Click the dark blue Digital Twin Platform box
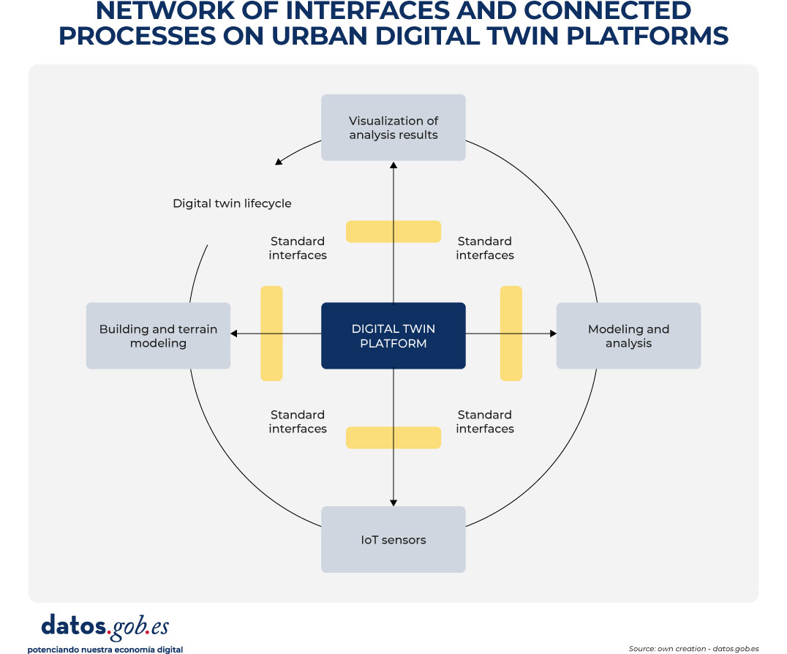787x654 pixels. pos(393,336)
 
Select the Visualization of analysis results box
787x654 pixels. pos(393,127)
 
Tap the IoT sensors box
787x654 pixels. pos(393,540)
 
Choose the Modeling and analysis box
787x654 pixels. pos(628,336)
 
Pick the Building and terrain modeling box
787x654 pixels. pos(158,336)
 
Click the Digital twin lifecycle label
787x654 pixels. pos(232,203)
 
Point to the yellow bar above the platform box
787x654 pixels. pos(393,231)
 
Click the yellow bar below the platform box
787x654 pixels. pos(393,437)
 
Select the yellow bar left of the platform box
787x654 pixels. pos(271,333)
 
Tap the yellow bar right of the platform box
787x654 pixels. pos(511,333)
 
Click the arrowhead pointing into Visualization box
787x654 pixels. pos(393,165)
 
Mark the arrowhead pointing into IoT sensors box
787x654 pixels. pos(393,502)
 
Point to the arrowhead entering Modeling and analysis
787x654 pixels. pos(552,334)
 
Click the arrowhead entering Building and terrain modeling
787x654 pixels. pos(235,334)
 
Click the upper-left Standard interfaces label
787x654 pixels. pos(298,248)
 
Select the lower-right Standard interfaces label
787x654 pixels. pos(485,421)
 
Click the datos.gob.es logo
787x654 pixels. pos(105,627)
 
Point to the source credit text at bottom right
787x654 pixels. pos(693,648)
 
